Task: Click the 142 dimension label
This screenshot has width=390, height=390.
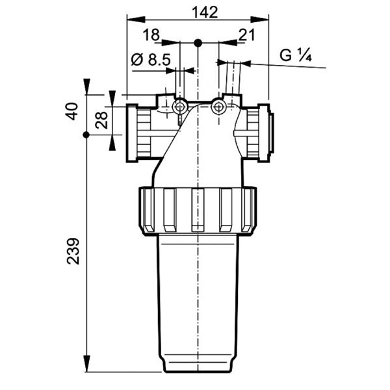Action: [205, 12]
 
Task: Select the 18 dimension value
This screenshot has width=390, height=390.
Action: [151, 34]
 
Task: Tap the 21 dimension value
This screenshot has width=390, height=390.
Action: [247, 34]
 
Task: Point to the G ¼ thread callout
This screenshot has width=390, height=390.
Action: [296, 55]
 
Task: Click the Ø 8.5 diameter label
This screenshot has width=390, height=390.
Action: [151, 60]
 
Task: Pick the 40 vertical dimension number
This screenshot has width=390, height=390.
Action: [72, 111]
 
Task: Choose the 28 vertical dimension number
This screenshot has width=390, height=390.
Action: [101, 120]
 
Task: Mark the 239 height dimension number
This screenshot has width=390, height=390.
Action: [73, 251]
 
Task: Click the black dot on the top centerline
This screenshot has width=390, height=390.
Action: [198, 43]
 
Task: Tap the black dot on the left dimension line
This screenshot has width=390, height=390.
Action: [86, 135]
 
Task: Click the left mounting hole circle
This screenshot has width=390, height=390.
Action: [179, 107]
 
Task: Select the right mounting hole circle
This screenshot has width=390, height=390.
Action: [218, 107]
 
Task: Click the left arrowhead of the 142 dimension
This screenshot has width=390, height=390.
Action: [136, 19]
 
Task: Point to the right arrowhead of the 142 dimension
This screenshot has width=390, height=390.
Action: [259, 19]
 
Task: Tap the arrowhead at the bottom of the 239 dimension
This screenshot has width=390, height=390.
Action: [86, 363]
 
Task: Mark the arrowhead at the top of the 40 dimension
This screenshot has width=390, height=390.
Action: [86, 86]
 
